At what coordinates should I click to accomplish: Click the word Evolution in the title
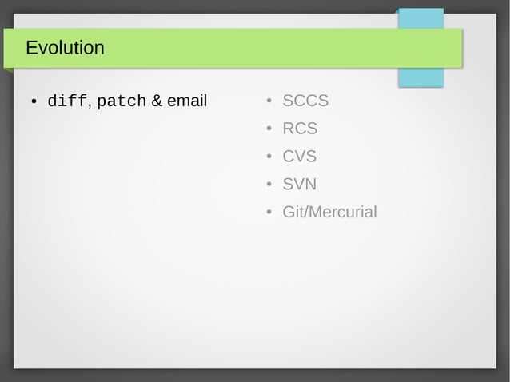pyautogui.click(x=65, y=48)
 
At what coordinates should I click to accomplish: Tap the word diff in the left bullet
pyautogui.click(x=67, y=101)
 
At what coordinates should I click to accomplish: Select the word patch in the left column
pyautogui.click(x=122, y=101)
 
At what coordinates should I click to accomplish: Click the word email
pyautogui.click(x=187, y=101)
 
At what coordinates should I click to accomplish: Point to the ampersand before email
pyautogui.click(x=157, y=101)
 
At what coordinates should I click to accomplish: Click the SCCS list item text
pyautogui.click(x=305, y=101)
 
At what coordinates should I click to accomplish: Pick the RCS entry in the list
pyautogui.click(x=300, y=129)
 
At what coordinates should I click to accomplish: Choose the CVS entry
pyautogui.click(x=300, y=157)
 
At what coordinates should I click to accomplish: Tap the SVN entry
pyautogui.click(x=300, y=185)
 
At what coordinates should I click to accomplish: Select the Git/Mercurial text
pyautogui.click(x=329, y=213)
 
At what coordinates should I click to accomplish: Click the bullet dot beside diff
pyautogui.click(x=34, y=102)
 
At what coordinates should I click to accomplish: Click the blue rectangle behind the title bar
pyautogui.click(x=420, y=78)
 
